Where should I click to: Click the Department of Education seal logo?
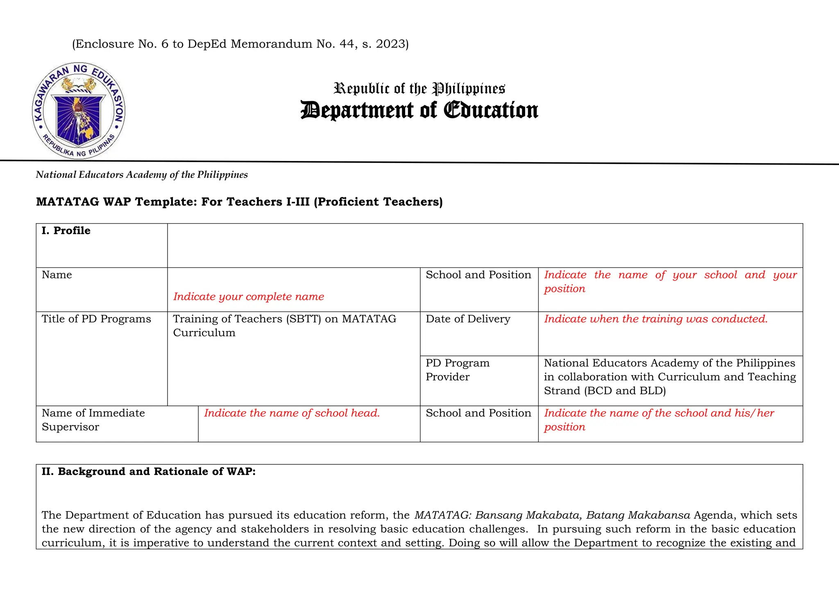click(x=78, y=111)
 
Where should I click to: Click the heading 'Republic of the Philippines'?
click(x=419, y=88)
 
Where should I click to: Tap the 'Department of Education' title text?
click(x=419, y=110)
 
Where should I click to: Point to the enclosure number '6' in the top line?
click(x=165, y=44)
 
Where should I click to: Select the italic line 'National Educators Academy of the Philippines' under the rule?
click(x=142, y=175)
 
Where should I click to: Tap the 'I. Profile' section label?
click(x=66, y=231)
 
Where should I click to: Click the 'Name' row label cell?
click(x=57, y=275)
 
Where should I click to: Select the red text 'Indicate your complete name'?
click(x=248, y=296)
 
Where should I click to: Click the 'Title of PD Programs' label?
click(x=96, y=319)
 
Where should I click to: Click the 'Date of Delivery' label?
click(x=468, y=319)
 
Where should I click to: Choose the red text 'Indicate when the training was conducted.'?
click(x=655, y=319)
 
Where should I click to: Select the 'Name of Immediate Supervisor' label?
click(x=93, y=420)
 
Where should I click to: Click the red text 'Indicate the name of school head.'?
click(x=292, y=413)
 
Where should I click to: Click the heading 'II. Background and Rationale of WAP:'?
click(x=148, y=472)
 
